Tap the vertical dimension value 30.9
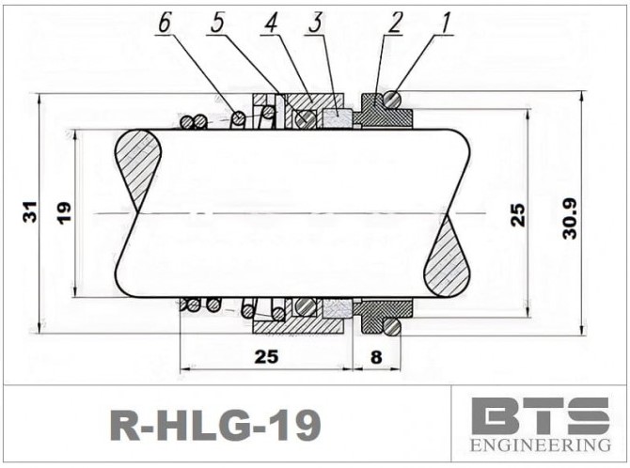pyautogui.click(x=571, y=214)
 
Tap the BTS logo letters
pyautogui.click(x=540, y=414)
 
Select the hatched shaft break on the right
pyautogui.click(x=447, y=257)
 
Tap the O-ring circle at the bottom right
pyautogui.click(x=390, y=325)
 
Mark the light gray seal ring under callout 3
pyautogui.click(x=336, y=117)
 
